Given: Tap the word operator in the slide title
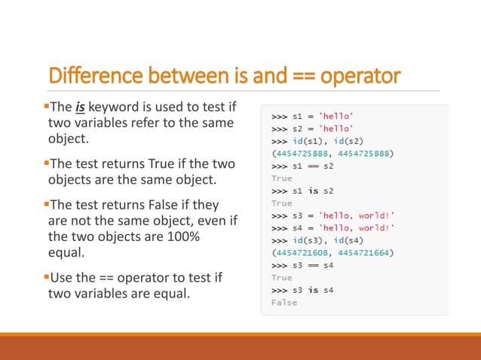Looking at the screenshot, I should click(x=358, y=77).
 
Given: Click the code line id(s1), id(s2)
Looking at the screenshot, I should click(x=324, y=142).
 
